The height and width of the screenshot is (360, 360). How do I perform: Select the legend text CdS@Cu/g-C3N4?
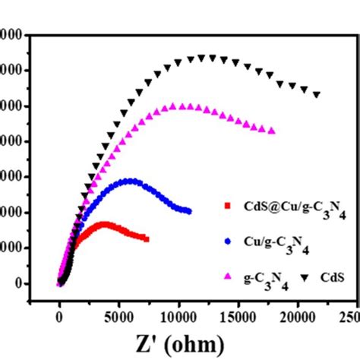click(292, 207)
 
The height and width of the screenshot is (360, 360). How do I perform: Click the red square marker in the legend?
click(226, 205)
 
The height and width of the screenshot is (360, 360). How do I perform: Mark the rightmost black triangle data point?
click(317, 95)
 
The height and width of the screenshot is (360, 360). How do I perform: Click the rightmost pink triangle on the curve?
click(272, 131)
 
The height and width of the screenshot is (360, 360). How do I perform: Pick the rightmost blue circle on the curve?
click(188, 211)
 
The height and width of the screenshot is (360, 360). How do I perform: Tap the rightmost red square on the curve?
click(147, 239)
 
